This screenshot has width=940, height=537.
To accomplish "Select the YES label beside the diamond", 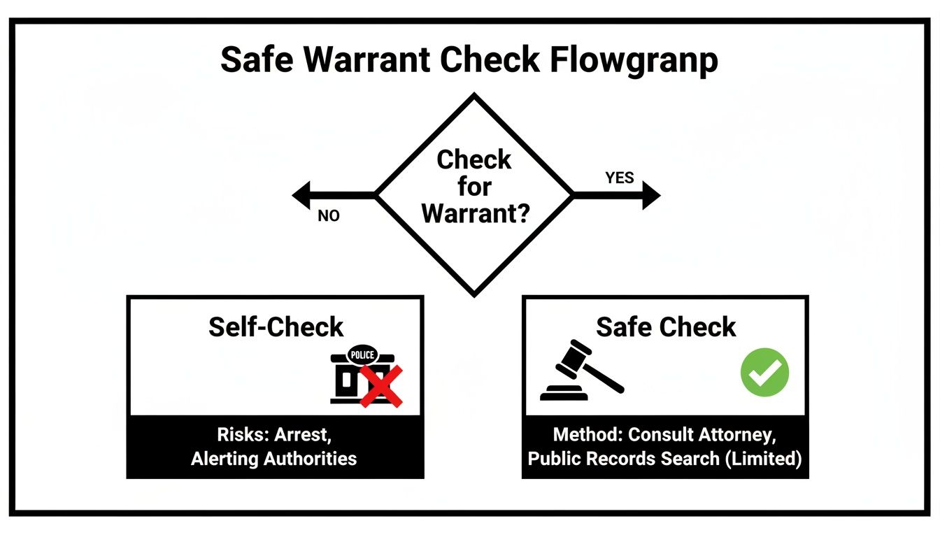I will click(619, 178).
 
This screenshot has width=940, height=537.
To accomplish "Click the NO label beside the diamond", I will click(328, 216).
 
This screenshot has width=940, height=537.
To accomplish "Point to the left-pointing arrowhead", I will click(302, 195).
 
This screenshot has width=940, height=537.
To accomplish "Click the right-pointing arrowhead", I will click(650, 195).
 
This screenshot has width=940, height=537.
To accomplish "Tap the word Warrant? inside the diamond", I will click(475, 213).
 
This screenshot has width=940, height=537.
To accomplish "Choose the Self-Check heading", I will click(276, 327).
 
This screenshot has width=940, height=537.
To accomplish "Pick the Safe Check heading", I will click(666, 327).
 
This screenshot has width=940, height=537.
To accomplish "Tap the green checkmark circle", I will click(764, 372).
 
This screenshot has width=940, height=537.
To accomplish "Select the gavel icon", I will click(581, 371).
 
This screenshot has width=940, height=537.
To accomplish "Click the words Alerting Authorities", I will click(274, 459).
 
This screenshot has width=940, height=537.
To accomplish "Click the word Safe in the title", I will click(255, 61).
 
